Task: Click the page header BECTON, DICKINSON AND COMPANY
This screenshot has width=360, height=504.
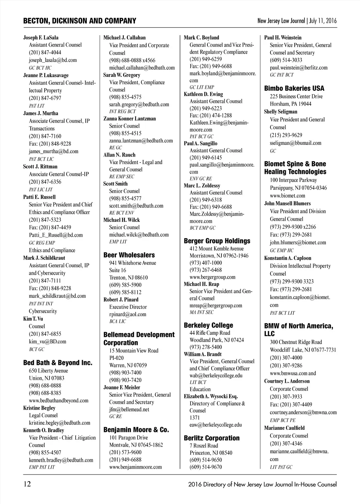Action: [79, 21]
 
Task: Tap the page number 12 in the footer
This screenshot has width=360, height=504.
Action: [27, 484]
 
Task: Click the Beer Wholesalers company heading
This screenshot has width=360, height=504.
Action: [129, 255]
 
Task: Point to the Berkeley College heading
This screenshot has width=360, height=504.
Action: [208, 325]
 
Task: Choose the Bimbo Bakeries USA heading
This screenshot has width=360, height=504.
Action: [294, 88]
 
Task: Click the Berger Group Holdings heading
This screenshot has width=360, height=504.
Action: [217, 241]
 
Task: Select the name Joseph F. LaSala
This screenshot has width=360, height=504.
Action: [41, 38]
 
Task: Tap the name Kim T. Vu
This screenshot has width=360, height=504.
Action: [33, 319]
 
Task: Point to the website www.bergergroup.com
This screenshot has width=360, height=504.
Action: [212, 277]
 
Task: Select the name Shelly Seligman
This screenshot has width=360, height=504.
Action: [281, 112]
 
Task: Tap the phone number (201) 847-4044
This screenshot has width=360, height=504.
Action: [45, 52]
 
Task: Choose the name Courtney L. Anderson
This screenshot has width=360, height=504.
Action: [287, 381]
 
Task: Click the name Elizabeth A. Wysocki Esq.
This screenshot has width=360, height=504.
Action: [211, 396]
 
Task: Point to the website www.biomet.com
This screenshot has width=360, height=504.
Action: [287, 196]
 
